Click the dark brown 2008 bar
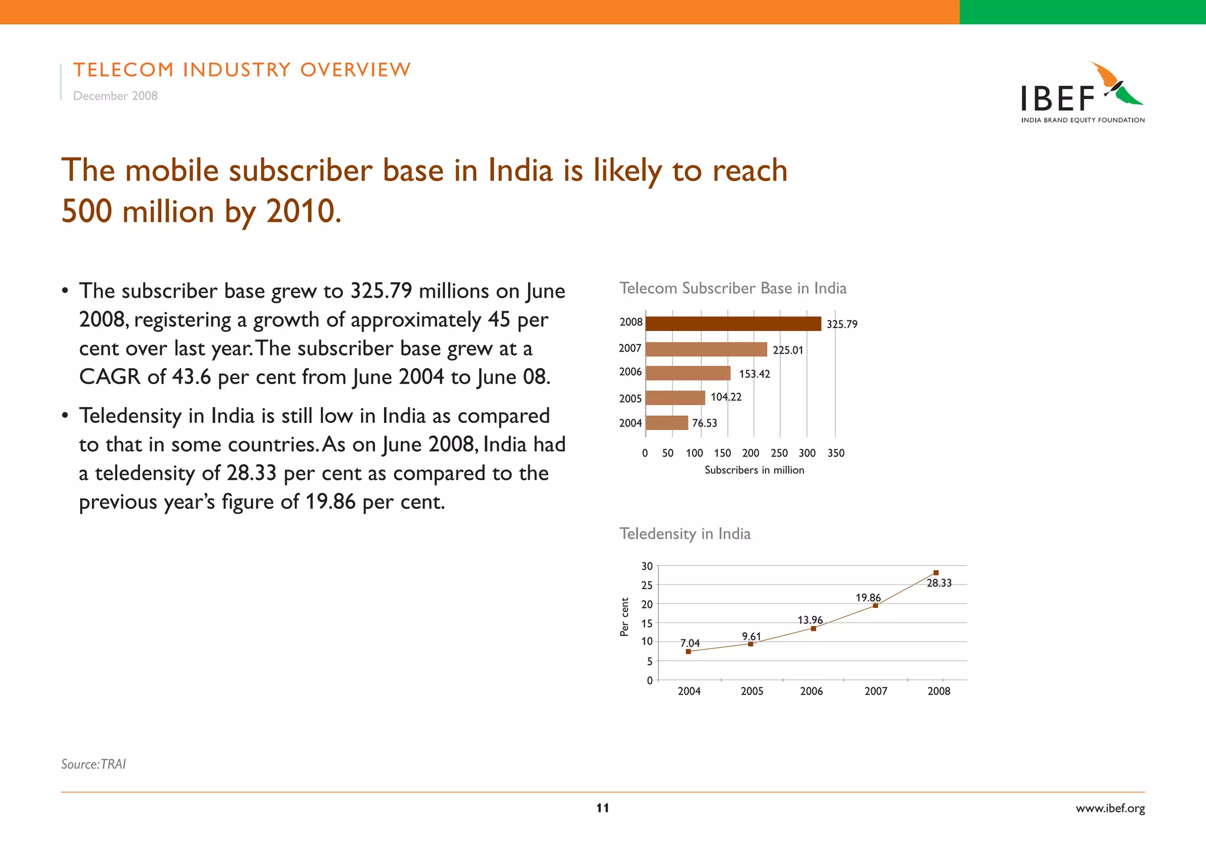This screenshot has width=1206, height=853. coord(733,323)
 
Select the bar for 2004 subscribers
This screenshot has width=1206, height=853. coord(667,422)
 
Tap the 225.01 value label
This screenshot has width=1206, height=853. coord(787,350)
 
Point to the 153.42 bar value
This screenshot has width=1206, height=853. coord(754,374)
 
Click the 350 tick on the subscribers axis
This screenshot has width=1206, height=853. coord(836,453)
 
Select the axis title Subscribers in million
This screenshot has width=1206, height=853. coord(754,470)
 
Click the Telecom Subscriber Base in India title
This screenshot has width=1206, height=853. coord(733,288)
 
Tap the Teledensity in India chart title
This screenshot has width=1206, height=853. coord(685,534)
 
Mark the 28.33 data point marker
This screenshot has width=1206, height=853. coord(936,573)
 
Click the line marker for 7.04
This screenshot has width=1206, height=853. coord(688,652)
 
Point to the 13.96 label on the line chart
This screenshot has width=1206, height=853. coord(810,620)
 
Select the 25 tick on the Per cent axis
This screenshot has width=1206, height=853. coord(647,585)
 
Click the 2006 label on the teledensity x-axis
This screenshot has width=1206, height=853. coord(811,692)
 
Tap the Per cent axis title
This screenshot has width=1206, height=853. coord(625,617)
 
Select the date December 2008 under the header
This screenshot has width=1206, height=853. coord(115,96)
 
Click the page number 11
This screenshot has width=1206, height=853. coord(602,808)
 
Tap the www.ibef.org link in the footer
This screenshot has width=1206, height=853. coord(1110,808)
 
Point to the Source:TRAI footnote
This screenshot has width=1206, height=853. coord(94,764)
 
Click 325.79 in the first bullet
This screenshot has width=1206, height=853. coord(380,291)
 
